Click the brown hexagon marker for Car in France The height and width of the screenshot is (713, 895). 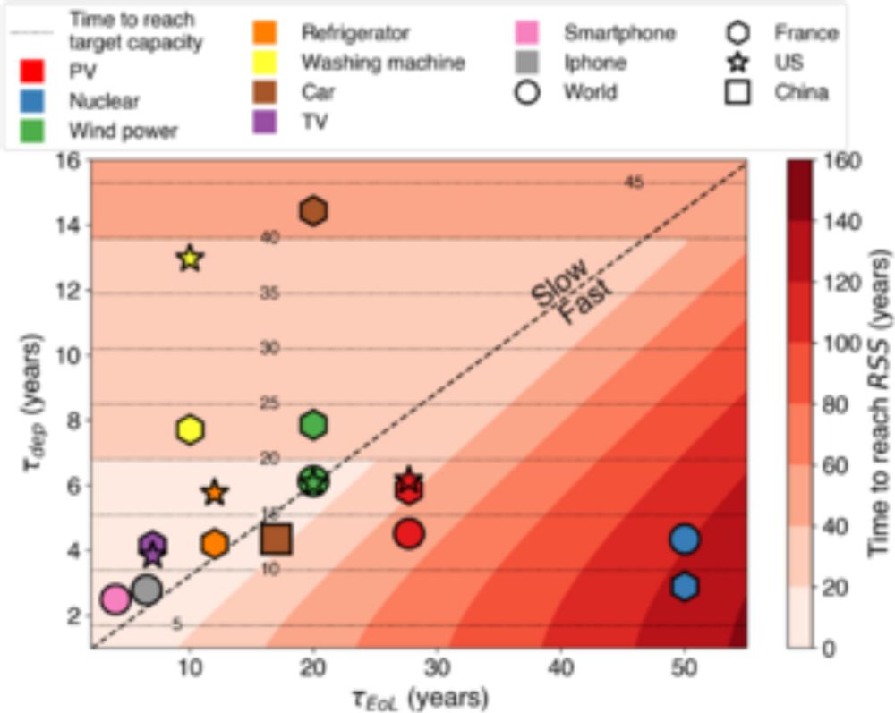tap(313, 211)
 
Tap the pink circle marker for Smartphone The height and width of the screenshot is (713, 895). tap(115, 599)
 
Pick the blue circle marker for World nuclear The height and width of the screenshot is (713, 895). tap(685, 539)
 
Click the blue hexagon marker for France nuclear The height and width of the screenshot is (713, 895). tap(685, 586)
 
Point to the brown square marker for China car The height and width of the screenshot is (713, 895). tap(277, 539)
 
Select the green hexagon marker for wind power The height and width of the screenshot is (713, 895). tap(313, 425)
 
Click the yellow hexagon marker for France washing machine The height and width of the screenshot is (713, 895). tap(190, 429)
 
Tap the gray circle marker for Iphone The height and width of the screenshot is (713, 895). tap(146, 590)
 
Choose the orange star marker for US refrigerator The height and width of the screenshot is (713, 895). tap(215, 492)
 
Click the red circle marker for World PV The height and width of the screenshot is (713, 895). tap(409, 534)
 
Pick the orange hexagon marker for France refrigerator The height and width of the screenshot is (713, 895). tap(215, 543)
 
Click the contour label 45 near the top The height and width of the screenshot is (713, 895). tap(634, 183)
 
